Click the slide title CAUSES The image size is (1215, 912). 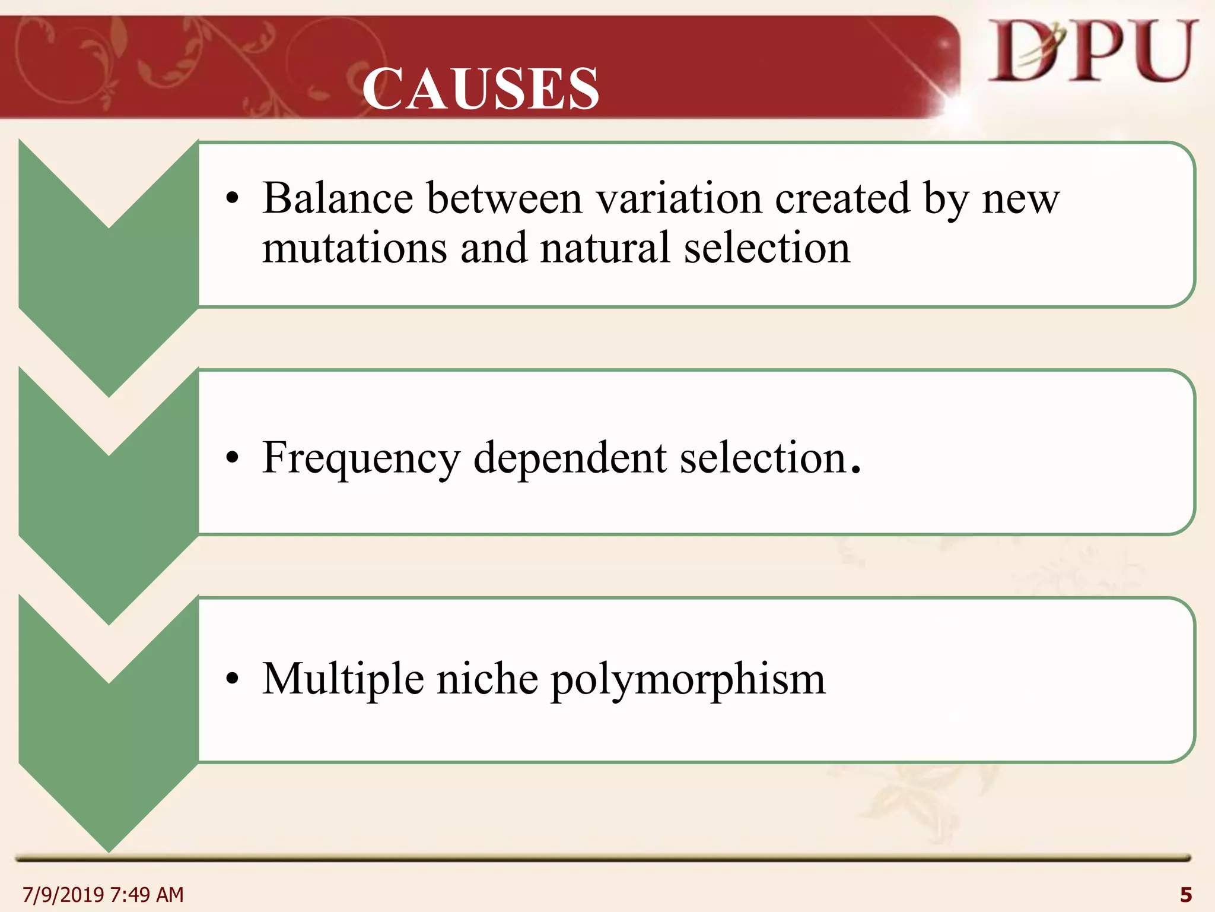481,89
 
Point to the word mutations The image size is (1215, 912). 355,248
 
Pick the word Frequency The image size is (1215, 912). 361,458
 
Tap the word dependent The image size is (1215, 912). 570,458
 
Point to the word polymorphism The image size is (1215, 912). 688,680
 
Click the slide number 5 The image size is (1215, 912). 1186,894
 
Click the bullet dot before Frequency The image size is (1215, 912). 232,458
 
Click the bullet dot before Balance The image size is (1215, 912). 232,199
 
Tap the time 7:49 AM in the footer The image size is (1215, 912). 147,894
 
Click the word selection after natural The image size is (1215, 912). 767,248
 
